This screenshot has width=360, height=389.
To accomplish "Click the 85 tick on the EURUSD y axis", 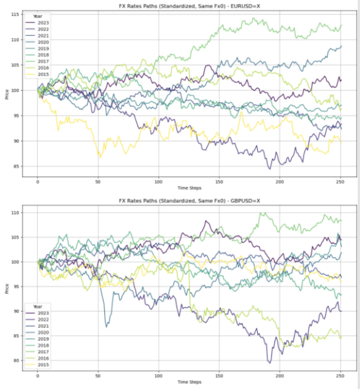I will (x=16, y=166).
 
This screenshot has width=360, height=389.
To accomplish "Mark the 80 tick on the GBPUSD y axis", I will (x=16, y=360).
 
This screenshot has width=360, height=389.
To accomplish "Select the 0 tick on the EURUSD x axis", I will (x=37, y=181).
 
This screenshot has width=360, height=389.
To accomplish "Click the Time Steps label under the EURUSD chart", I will (x=189, y=187).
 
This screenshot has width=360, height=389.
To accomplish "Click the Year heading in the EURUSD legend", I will (x=37, y=16).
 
